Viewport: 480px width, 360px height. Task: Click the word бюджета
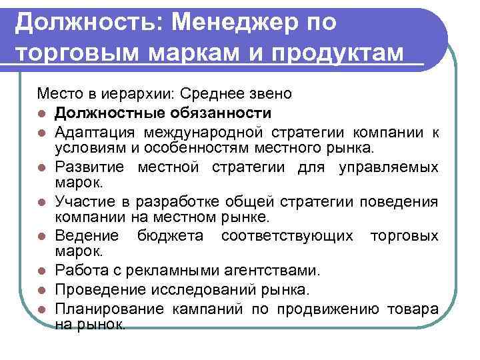pos(167,236)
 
